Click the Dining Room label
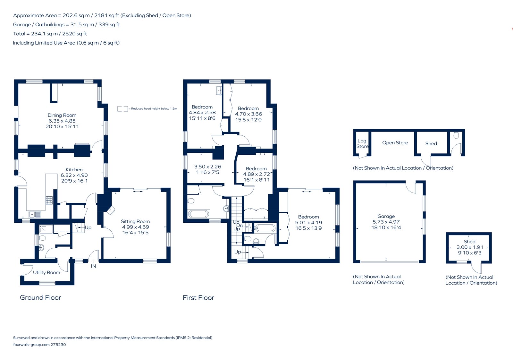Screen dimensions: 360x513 (x=62, y=115)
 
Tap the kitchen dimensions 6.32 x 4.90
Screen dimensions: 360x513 (x=74, y=175)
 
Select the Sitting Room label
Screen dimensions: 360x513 (x=135, y=221)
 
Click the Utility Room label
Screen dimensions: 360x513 (x=46, y=272)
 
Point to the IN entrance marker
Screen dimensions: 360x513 (x=93, y=266)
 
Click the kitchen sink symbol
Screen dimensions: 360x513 (x=35, y=214)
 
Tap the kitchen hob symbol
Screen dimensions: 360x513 (x=49, y=201)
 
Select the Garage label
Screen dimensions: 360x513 (x=386, y=216)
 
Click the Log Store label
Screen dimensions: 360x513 (x=362, y=143)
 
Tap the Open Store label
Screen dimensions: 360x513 (x=395, y=143)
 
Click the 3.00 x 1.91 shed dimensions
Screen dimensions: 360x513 (x=469, y=247)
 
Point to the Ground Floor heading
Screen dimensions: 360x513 (x=40, y=298)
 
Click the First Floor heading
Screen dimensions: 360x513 (x=198, y=298)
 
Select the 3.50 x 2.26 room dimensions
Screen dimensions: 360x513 (x=207, y=167)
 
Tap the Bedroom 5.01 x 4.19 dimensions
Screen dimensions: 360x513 (x=308, y=223)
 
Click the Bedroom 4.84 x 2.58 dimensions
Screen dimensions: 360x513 (x=202, y=113)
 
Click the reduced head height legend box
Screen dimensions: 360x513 (x=122, y=109)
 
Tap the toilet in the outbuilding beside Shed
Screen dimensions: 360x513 (x=456, y=135)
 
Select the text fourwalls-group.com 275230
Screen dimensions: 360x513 (x=39, y=345)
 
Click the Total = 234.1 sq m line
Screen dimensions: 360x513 (x=50, y=34)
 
